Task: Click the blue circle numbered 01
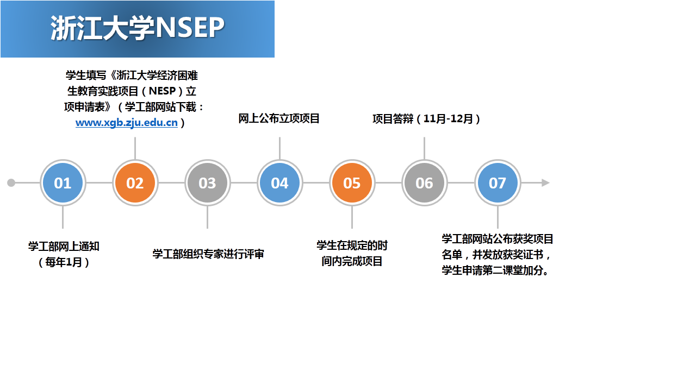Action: coord(63,183)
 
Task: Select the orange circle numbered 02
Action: coord(135,183)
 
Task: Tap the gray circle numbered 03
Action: coord(208,183)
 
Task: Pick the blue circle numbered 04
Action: coord(279,183)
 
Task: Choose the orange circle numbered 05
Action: coord(352,183)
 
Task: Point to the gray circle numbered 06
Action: coord(425,183)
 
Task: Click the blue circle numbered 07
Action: coord(498,183)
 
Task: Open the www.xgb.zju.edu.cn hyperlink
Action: coord(127,123)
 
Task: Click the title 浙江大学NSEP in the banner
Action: coord(138,28)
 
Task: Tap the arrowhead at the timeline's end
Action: coord(545,183)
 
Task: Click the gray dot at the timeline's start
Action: coord(11,183)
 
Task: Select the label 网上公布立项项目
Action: coord(279,118)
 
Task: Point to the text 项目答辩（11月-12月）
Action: coord(426,119)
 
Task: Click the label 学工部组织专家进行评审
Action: coord(208,254)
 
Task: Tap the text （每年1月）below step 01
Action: coord(64,262)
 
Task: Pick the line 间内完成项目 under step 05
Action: coord(352,261)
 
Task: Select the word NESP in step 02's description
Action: coord(162,91)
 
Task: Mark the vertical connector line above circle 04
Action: coord(279,148)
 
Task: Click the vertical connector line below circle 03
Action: coord(208,217)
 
